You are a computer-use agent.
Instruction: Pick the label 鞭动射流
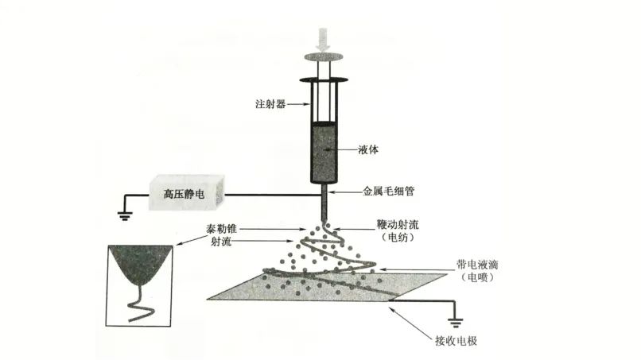(x=399, y=223)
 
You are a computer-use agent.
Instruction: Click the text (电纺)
(x=399, y=237)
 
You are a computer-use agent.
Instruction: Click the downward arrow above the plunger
(x=323, y=38)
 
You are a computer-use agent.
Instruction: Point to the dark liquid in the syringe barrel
(x=322, y=151)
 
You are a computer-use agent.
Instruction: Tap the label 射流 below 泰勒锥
(x=222, y=242)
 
